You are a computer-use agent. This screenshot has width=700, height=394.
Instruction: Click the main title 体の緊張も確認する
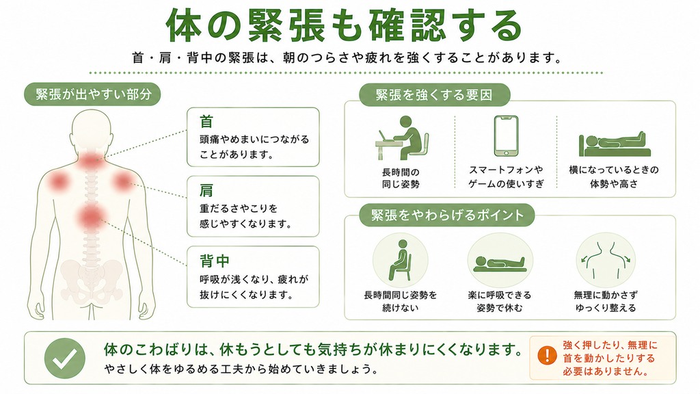(x=344, y=25)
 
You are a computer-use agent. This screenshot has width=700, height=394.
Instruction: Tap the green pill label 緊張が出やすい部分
(x=92, y=94)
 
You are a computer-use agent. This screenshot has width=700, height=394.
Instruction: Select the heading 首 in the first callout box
(x=206, y=122)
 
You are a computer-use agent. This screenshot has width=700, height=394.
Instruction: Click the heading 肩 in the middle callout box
(x=206, y=191)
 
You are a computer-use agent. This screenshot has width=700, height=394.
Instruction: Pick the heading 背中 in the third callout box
(x=214, y=261)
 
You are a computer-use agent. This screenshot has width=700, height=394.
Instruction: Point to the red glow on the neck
(x=92, y=159)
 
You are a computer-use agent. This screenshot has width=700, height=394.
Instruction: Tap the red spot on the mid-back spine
(x=91, y=218)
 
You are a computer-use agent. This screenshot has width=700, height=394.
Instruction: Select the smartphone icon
(x=507, y=136)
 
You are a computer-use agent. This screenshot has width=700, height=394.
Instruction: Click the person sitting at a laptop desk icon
(x=402, y=137)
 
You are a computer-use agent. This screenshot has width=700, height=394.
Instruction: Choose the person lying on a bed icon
(x=615, y=144)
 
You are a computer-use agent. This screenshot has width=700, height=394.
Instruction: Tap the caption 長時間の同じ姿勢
(x=401, y=178)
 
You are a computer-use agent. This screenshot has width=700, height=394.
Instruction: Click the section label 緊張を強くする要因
(x=434, y=94)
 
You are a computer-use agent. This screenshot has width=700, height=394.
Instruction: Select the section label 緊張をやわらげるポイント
(x=447, y=215)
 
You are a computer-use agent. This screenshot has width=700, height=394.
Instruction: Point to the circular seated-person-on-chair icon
(x=401, y=261)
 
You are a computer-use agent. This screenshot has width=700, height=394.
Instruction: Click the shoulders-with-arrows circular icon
(x=606, y=261)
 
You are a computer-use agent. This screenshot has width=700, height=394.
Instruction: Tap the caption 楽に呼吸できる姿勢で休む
(x=500, y=302)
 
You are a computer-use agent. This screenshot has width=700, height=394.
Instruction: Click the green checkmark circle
(x=65, y=358)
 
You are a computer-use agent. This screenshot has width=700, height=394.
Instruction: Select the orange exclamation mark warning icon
(x=547, y=356)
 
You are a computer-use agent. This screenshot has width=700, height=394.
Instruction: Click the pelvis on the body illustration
(x=92, y=279)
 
